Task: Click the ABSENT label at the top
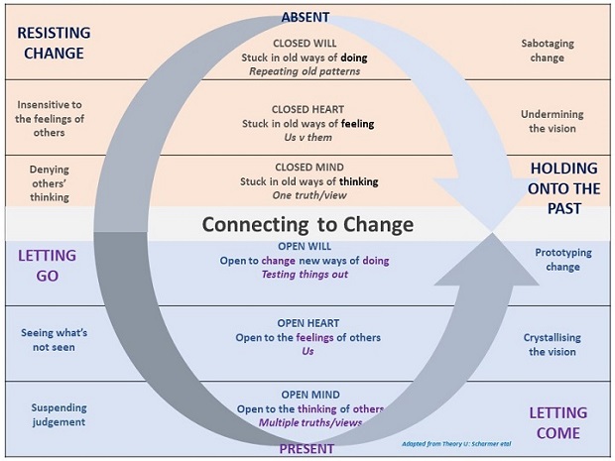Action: [306, 18]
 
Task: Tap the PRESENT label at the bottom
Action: [307, 448]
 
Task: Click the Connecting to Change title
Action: [307, 224]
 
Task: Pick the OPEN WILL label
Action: [306, 246]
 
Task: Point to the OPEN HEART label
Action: [307, 323]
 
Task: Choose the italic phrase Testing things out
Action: [306, 274]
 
